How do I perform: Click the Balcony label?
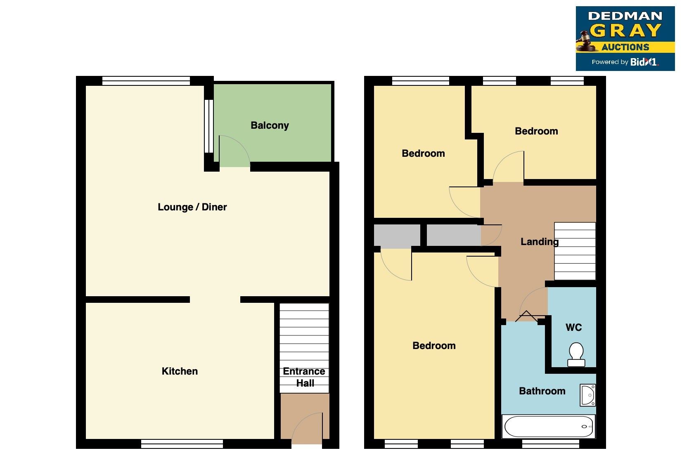[270, 125]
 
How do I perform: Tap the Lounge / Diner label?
[192, 207]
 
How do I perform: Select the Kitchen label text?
[180, 371]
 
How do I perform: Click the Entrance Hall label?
[305, 377]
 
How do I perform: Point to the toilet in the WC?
[576, 354]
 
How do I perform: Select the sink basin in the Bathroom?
[587, 395]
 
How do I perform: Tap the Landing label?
[539, 242]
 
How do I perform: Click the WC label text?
[573, 328]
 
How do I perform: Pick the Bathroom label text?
[542, 391]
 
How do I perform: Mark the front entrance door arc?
[306, 427]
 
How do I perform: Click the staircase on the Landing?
[575, 251]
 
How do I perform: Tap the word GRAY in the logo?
[625, 31]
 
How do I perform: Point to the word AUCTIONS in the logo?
[625, 47]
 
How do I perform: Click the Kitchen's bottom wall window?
[182, 444]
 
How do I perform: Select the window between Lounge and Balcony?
[209, 126]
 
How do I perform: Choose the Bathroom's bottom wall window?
[550, 444]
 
